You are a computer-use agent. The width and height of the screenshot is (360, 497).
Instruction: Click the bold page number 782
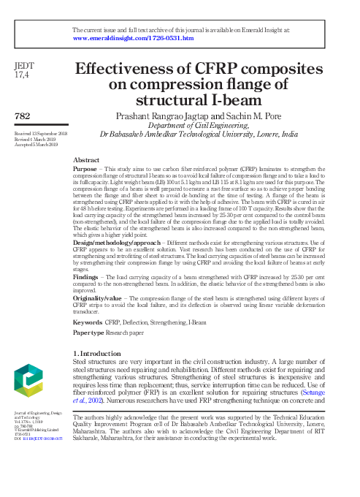pos(22,117)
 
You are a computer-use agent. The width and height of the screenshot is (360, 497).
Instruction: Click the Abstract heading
pos(87,159)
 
